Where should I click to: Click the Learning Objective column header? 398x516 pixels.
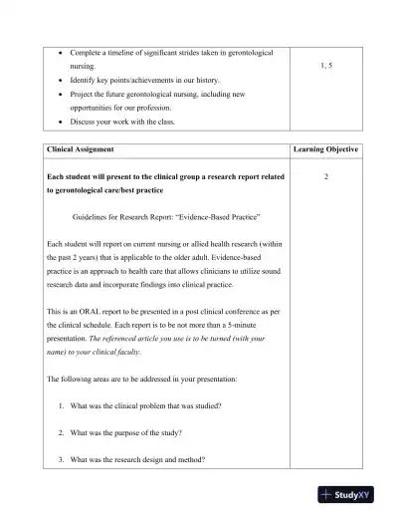coord(325,149)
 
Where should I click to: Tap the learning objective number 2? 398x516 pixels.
coord(325,176)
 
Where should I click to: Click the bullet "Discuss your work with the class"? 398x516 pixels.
coord(131,121)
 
